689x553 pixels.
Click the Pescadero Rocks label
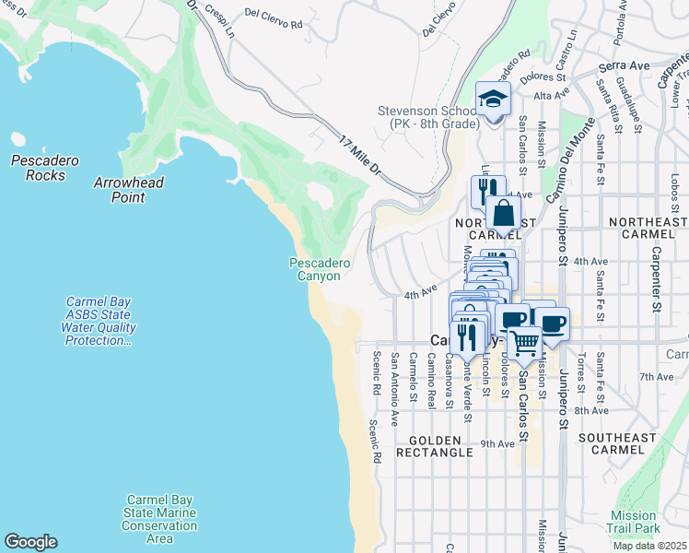pyautogui.click(x=39, y=168)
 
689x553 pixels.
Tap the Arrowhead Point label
pyautogui.click(x=129, y=190)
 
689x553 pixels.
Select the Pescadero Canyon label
pyautogui.click(x=320, y=269)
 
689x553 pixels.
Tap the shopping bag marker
pyautogui.click(x=503, y=214)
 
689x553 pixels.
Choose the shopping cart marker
pyautogui.click(x=524, y=343)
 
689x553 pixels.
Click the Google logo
pyautogui.click(x=30, y=542)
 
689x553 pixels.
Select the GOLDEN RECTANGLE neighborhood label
pyautogui.click(x=435, y=446)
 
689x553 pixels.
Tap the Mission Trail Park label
pyautogui.click(x=635, y=523)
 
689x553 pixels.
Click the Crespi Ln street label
pyautogui.click(x=220, y=20)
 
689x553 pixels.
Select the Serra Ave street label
pyautogui.click(x=624, y=66)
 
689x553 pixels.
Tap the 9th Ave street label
pyautogui.click(x=497, y=443)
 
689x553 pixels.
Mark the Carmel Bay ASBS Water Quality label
pyautogui.click(x=99, y=321)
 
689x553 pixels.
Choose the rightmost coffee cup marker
pyautogui.click(x=553, y=324)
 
